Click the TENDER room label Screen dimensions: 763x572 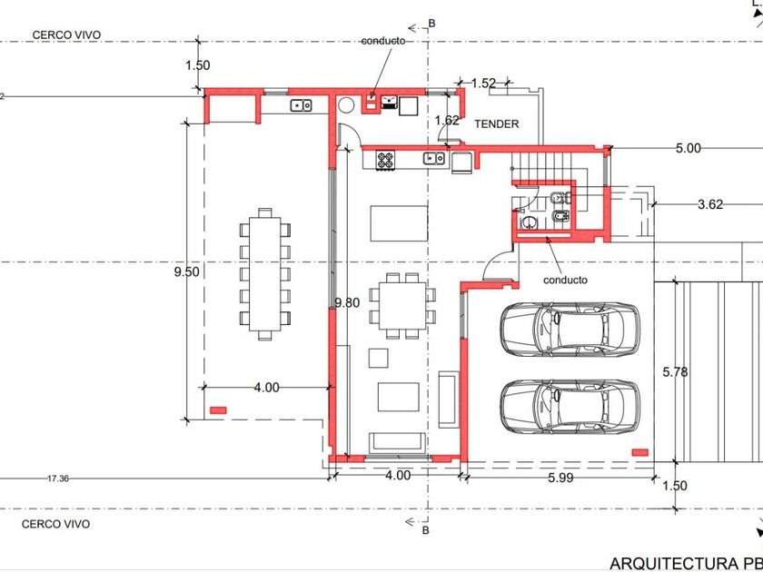(497, 124)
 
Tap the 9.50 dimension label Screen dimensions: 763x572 (187, 271)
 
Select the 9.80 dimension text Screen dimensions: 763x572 (347, 303)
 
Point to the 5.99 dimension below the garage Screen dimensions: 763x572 (560, 478)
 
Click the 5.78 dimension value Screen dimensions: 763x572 (676, 372)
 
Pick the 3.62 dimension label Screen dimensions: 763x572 (710, 205)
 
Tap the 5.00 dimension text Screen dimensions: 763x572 (689, 148)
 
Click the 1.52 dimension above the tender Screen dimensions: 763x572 (483, 84)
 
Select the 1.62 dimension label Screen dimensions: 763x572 (447, 120)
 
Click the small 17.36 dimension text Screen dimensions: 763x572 (58, 478)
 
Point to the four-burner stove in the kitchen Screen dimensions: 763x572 (385, 160)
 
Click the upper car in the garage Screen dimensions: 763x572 (570, 329)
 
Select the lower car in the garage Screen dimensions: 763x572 (570, 407)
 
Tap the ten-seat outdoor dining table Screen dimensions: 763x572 (264, 274)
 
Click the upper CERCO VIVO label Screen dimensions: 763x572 (66, 35)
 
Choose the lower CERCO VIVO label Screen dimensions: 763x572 (56, 525)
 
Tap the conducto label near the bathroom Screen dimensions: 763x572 (565, 281)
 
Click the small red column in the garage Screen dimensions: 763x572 (639, 452)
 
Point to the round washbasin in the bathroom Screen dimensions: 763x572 (529, 223)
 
